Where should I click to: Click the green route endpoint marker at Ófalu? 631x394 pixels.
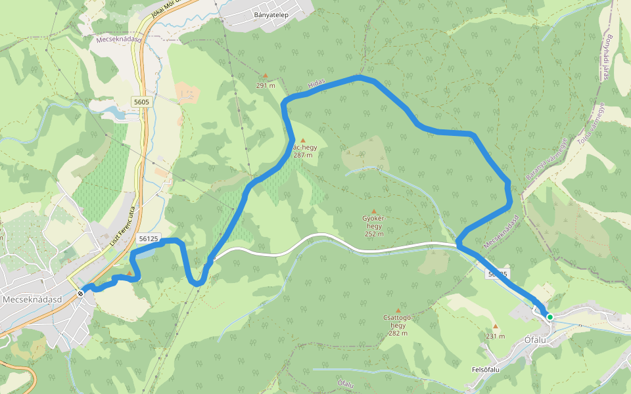coord(549,317)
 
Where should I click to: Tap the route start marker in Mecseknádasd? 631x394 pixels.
coord(80,293)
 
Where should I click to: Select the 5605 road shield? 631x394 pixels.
coord(141,102)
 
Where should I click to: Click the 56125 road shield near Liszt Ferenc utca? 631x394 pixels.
coord(149,239)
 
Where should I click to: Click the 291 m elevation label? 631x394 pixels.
coord(266,85)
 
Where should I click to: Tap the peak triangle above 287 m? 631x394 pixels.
coord(303,141)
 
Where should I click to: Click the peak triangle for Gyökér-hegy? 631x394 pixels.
coord(374,211)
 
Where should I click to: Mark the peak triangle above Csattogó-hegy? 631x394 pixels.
coord(398,311)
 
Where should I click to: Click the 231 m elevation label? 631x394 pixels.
coord(495,336)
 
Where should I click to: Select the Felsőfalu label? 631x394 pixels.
coord(486,370)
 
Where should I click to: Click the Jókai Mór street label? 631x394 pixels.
coord(170,8)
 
